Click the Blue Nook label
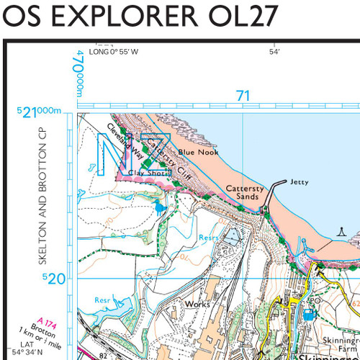198,152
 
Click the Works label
197,304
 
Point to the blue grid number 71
243,96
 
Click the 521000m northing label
40,111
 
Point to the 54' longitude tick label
274,52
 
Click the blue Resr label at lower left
103,299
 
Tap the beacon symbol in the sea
343,232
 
